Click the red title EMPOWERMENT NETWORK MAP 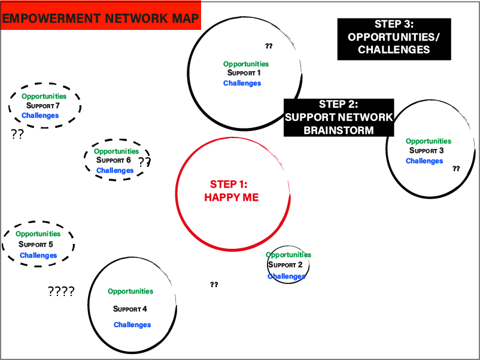[x=101, y=17]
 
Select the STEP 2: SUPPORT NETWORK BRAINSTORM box [x=339, y=117]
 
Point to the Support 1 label [x=244, y=73]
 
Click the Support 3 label [x=426, y=151]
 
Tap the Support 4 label [x=130, y=309]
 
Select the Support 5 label [x=36, y=245]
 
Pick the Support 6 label [x=113, y=160]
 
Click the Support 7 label [x=43, y=106]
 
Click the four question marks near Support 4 [x=61, y=292]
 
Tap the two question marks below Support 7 [x=17, y=134]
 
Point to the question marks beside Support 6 [x=145, y=161]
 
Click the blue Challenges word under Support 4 [x=132, y=325]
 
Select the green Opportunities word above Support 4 [x=130, y=291]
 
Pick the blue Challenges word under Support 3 [x=424, y=161]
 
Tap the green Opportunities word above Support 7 [x=44, y=96]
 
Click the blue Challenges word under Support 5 [x=38, y=255]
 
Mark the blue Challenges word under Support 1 [x=242, y=83]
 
